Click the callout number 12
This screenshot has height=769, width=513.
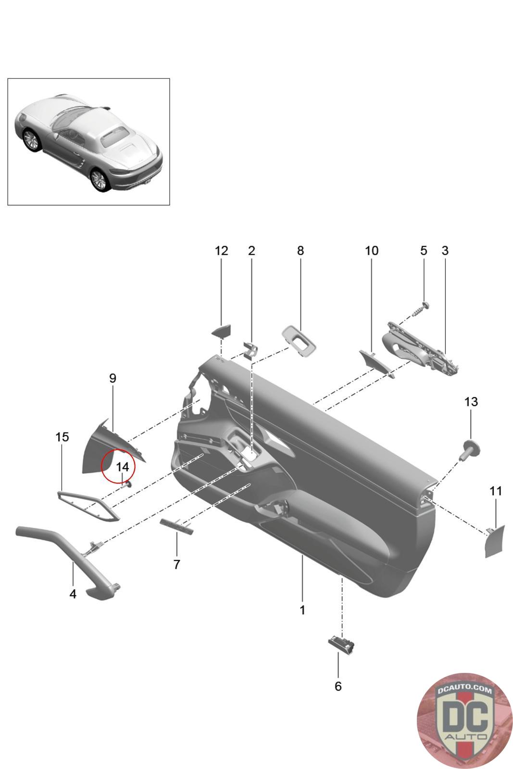pos(221,251)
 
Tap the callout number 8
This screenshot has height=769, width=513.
pos(300,251)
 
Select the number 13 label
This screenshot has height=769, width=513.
pos(471,402)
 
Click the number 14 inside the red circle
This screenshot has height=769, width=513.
pos(123,467)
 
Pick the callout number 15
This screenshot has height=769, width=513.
pos(62,437)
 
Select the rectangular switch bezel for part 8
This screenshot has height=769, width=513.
pos(299,341)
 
